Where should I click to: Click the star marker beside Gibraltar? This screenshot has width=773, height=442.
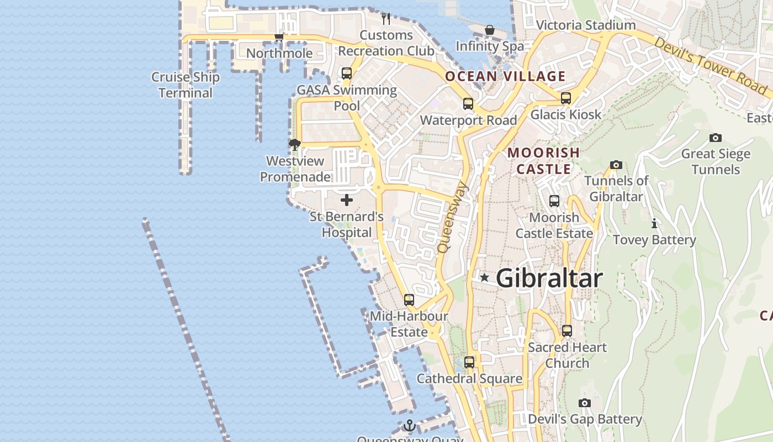pyautogui.click(x=484, y=277)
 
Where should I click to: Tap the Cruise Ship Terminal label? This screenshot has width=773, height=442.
pyautogui.click(x=186, y=85)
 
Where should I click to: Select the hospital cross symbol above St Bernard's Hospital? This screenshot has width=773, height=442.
pyautogui.click(x=347, y=199)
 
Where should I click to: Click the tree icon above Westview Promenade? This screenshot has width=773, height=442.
pyautogui.click(x=295, y=145)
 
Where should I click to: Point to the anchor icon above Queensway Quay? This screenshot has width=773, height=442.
pyautogui.click(x=409, y=425)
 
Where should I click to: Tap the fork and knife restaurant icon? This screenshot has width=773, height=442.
pyautogui.click(x=386, y=19)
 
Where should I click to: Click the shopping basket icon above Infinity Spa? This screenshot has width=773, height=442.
pyautogui.click(x=489, y=30)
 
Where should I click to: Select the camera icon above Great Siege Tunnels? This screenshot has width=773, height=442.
pyautogui.click(x=716, y=138)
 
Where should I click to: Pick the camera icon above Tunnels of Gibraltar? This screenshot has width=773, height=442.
pyautogui.click(x=616, y=165)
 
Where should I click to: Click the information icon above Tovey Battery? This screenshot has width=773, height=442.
pyautogui.click(x=654, y=224)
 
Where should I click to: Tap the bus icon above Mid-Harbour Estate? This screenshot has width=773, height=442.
pyautogui.click(x=409, y=300)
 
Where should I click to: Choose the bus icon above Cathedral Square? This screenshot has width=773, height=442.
pyautogui.click(x=469, y=362)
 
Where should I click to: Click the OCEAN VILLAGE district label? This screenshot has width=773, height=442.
pyautogui.click(x=505, y=76)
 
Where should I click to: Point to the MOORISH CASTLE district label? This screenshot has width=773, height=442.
pyautogui.click(x=543, y=160)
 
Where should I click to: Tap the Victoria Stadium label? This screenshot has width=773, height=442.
pyautogui.click(x=586, y=25)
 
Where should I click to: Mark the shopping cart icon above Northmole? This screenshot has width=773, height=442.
pyautogui.click(x=279, y=37)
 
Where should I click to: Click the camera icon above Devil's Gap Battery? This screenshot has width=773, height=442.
pyautogui.click(x=585, y=403)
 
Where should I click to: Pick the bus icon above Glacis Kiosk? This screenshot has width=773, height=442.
pyautogui.click(x=566, y=98)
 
